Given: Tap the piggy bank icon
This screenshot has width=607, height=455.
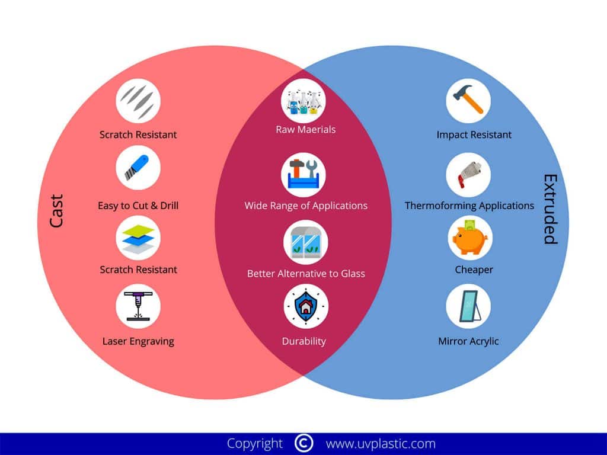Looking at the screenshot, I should point(468,238).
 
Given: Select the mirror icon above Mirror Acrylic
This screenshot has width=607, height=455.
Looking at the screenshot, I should point(468,306).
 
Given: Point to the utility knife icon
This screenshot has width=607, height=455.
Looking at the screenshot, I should point(138,168).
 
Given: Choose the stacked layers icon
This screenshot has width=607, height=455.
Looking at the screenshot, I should point(138,238).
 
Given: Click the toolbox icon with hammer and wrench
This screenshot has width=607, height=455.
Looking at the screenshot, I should point(303,175).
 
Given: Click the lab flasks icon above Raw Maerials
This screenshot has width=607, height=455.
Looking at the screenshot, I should point(303,101).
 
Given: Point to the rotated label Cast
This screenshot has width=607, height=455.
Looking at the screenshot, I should point(56,211).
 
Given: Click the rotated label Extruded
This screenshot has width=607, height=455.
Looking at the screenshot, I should point(551,209).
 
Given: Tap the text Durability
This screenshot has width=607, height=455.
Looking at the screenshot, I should point(303,341).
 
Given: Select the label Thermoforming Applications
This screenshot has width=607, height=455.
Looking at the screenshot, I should point(469,206).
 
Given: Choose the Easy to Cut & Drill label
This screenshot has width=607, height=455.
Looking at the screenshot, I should point(138,206).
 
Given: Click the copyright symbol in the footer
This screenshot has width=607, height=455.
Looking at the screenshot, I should point(303,443).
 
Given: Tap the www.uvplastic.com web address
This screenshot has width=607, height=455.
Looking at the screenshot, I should point(381,443).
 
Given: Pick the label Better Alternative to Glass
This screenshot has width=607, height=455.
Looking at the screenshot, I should point(306,274).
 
